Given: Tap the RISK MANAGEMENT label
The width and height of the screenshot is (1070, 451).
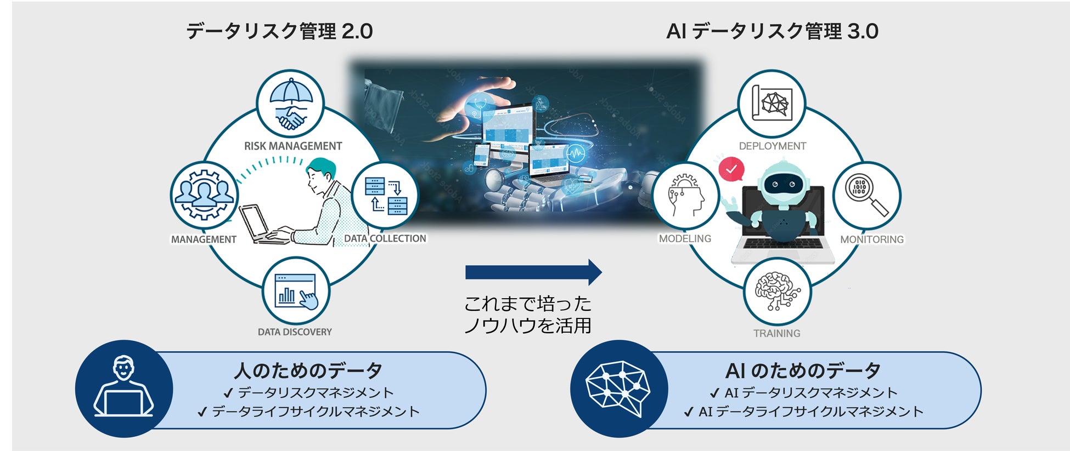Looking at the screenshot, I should pyautogui.click(x=293, y=146).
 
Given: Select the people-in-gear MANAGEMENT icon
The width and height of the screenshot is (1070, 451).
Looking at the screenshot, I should pyautogui.click(x=204, y=195).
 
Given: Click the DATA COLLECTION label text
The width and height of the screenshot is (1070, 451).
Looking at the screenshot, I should pyautogui.click(x=385, y=238).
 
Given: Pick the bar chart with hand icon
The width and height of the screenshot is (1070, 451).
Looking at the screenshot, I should pyautogui.click(x=296, y=290).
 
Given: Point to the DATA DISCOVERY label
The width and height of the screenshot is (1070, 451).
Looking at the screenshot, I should pyautogui.click(x=295, y=332).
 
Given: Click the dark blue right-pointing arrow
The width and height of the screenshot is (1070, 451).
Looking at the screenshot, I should pyautogui.click(x=533, y=272).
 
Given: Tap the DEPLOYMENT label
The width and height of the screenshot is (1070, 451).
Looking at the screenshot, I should pyautogui.click(x=772, y=146).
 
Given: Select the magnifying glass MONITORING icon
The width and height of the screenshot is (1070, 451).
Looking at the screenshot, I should pyautogui.click(x=866, y=196).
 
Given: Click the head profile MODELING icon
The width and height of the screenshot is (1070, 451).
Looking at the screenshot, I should pyautogui.click(x=686, y=196).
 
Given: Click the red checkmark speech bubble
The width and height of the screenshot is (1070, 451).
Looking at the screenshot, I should pyautogui.click(x=731, y=170).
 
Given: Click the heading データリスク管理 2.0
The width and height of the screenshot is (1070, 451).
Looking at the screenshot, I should pyautogui.click(x=279, y=31).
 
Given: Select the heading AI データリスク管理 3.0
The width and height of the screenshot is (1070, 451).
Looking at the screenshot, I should pyautogui.click(x=772, y=31).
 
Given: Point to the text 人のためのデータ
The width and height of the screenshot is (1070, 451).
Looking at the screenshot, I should pyautogui.click(x=308, y=371).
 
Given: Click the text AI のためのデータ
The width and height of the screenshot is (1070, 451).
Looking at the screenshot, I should pyautogui.click(x=803, y=371).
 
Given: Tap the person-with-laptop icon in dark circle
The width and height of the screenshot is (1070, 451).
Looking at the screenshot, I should pyautogui.click(x=123, y=389).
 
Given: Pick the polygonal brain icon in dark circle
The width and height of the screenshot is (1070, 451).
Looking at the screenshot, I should pyautogui.click(x=618, y=389).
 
